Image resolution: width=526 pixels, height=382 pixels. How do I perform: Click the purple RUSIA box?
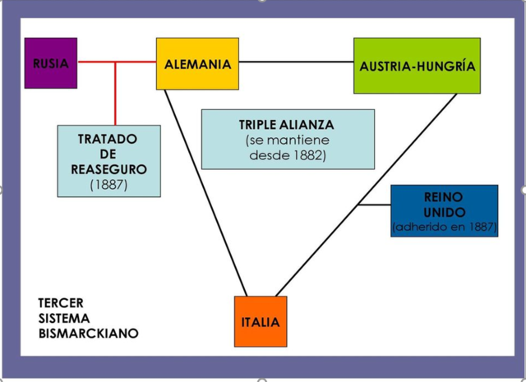coord(51,63)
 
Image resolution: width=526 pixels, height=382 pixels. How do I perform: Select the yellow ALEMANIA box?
coord(197,63)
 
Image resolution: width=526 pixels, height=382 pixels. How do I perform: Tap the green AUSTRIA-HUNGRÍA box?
coord(417,65)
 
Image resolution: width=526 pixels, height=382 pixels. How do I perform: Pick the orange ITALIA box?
coord(261,321)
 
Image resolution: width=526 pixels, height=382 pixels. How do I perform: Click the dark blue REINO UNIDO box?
coord(444,210)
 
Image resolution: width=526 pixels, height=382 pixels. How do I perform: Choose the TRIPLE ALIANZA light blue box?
coord(287,139)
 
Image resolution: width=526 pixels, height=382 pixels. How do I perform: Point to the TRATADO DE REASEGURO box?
coord(108,161)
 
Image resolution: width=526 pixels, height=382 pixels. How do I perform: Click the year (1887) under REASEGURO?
coord(108,185)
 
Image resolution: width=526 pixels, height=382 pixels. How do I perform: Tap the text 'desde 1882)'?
coord(286,155)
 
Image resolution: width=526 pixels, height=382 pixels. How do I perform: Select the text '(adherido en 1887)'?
coord(445,228)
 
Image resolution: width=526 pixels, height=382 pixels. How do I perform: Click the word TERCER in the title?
coord(61,303)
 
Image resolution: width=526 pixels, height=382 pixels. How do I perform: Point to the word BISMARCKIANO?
coord(89,334)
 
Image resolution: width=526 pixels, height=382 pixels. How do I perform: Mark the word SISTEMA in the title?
coord(64,318)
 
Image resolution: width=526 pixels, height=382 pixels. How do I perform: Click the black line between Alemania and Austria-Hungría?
coord(296,62)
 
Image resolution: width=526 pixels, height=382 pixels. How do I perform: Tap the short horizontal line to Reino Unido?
coord(376,205)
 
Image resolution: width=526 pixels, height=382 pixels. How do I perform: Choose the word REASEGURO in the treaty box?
coord(108,169)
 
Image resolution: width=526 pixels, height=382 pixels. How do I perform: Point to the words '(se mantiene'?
coord(287,140)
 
